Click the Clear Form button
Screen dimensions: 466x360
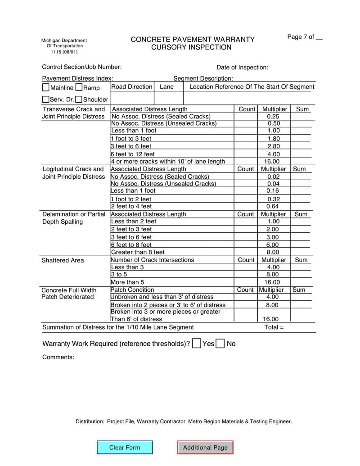click(x=125, y=448)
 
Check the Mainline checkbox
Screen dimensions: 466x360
click(x=46, y=87)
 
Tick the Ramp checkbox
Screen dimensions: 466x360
click(x=79, y=87)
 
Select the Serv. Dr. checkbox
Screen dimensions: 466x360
click(x=45, y=99)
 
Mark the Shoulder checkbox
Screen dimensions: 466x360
click(x=79, y=99)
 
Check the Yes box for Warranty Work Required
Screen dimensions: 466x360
click(x=196, y=344)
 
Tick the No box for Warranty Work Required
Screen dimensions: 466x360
click(x=220, y=344)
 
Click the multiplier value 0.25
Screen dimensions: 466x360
click(x=274, y=116)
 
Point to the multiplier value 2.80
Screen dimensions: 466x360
click(x=274, y=146)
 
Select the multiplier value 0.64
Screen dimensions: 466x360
click(x=273, y=207)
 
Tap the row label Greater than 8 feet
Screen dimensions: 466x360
click(x=138, y=252)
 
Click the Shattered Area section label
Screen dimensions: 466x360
click(x=63, y=260)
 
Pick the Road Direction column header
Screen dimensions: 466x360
click(x=132, y=86)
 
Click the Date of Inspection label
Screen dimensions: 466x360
click(x=242, y=68)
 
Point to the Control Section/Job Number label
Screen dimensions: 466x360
click(x=81, y=67)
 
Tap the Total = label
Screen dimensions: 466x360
click(x=274, y=327)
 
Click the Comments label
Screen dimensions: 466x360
click(x=58, y=357)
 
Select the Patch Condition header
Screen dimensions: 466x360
click(x=132, y=290)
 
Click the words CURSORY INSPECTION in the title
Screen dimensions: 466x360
click(x=191, y=47)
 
